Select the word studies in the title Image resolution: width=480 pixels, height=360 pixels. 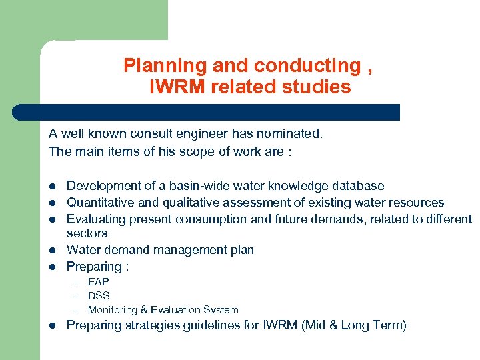(x=317, y=87)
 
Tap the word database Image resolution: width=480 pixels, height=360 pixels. (x=359, y=185)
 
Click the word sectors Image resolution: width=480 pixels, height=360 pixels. (x=87, y=233)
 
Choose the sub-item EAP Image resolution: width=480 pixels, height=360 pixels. (x=99, y=282)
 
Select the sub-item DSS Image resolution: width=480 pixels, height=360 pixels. (x=99, y=295)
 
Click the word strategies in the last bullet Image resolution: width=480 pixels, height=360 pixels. (x=153, y=325)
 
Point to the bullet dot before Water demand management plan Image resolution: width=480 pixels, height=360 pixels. (x=53, y=251)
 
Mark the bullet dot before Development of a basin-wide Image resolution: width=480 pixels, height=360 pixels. (x=53, y=186)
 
